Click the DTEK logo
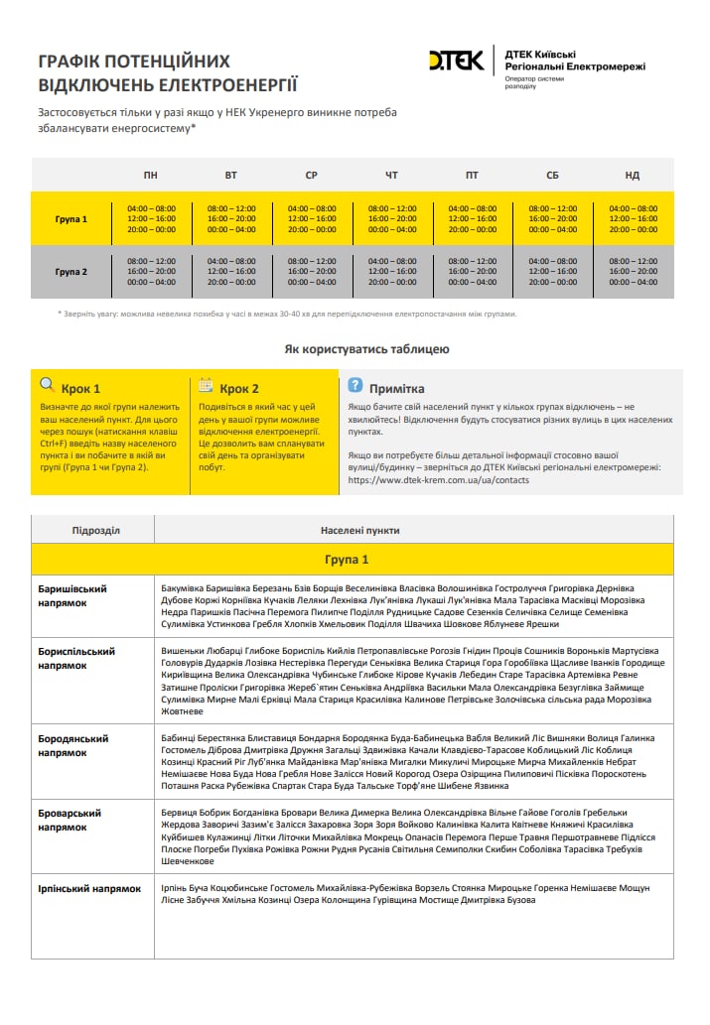(456, 62)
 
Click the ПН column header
(150, 176)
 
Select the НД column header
(633, 176)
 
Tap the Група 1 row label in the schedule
(71, 219)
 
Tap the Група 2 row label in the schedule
(71, 272)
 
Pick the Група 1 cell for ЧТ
(391, 219)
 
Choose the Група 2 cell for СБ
(552, 272)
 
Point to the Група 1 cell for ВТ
(231, 219)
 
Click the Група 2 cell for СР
(312, 272)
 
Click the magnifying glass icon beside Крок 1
(48, 385)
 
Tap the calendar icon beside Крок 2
(207, 385)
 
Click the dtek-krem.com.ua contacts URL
(439, 480)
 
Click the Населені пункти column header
(359, 530)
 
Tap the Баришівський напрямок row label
(72, 595)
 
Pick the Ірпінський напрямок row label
(89, 889)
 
